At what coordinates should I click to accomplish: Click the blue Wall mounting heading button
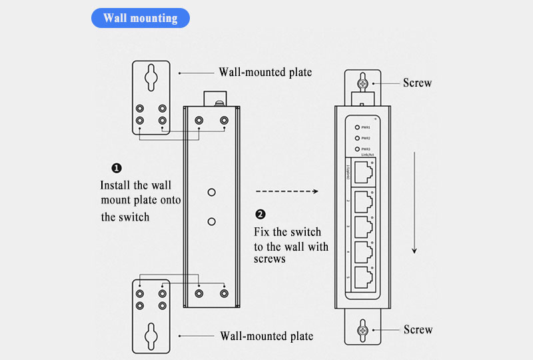coord(140,18)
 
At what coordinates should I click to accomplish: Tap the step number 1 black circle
coord(116,168)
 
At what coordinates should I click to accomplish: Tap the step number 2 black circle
coord(261,214)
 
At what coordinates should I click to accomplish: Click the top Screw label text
coord(417,83)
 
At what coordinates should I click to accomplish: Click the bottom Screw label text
coord(418,330)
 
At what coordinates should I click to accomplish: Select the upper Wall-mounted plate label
coord(265,72)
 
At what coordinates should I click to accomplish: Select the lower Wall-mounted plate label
coord(266,336)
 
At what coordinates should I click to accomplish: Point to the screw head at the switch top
coord(362,83)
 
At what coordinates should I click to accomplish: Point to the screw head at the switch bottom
coord(362,329)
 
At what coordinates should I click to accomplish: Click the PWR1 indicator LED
coord(357,127)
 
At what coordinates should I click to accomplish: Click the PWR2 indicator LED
coord(357,138)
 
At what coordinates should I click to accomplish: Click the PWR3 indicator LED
coord(357,149)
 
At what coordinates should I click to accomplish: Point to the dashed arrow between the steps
coord(287,191)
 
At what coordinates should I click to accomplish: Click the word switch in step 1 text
coord(135,217)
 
